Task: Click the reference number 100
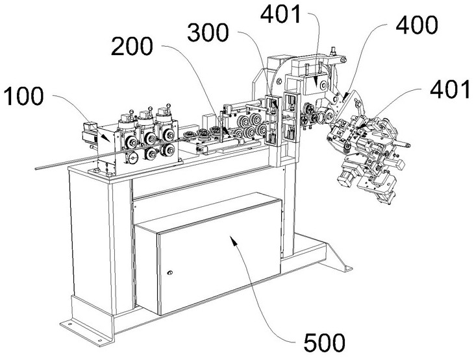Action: tap(23, 97)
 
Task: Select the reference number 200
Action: tap(132, 46)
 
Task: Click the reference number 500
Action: tap(325, 342)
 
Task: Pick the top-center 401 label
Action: tap(281, 14)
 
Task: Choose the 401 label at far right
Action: tap(450, 90)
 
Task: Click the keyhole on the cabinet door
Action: tap(170, 272)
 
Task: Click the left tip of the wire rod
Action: tap(36, 168)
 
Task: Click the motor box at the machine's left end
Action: tap(90, 135)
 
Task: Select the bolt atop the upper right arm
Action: tap(334, 51)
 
